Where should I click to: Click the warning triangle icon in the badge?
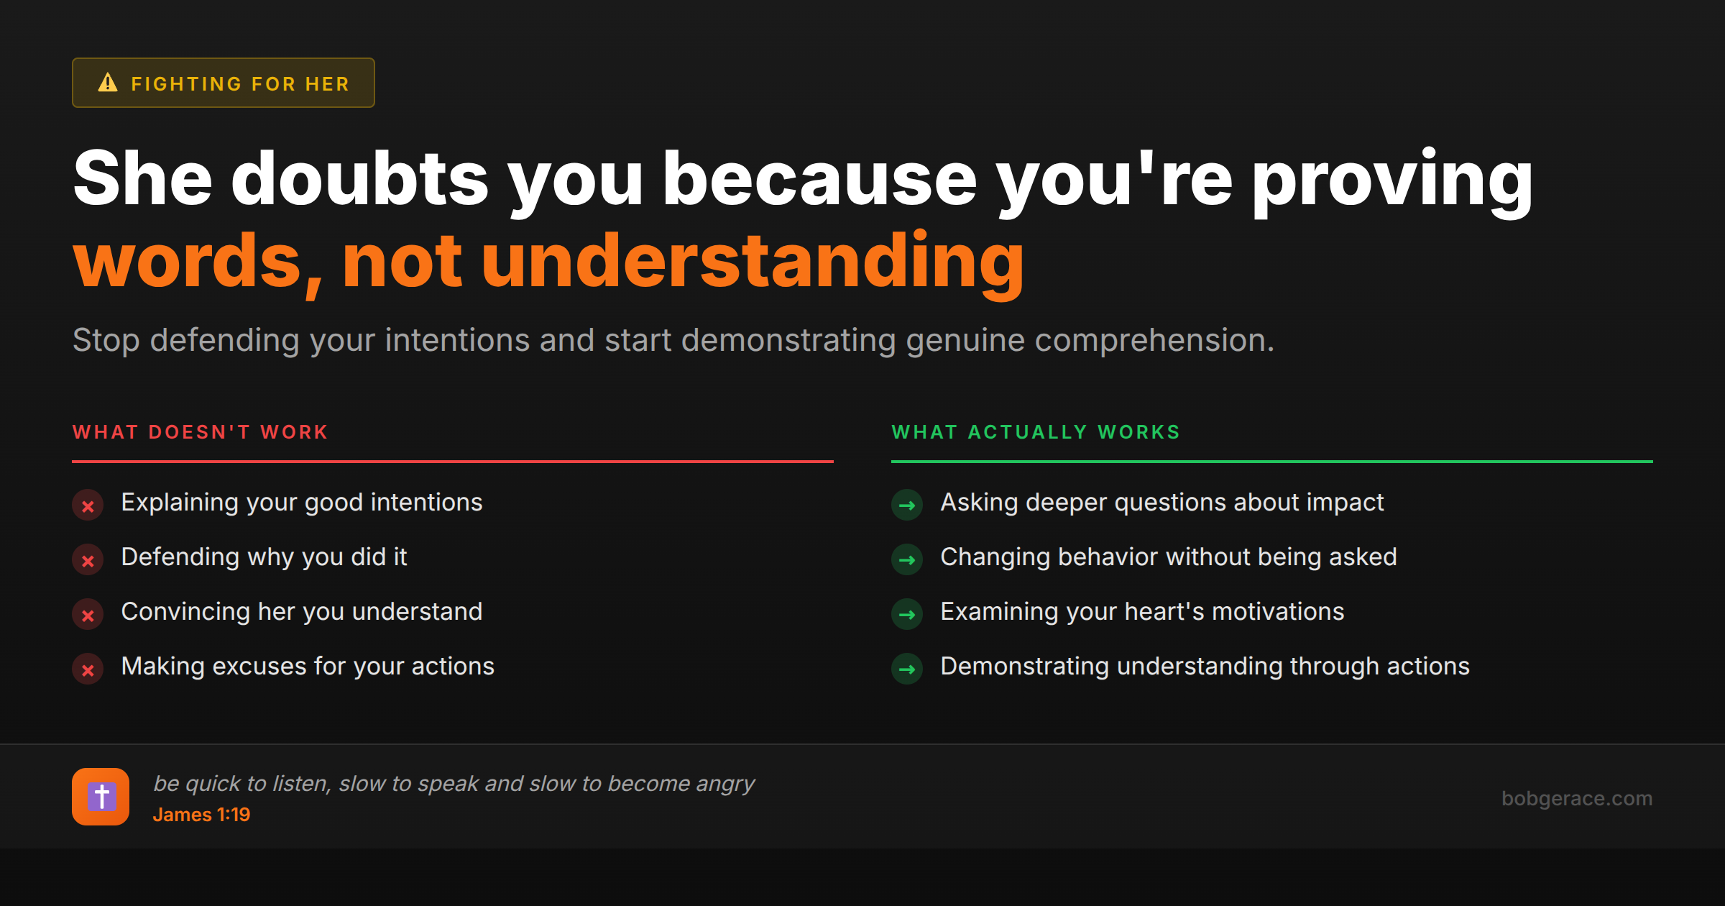point(108,83)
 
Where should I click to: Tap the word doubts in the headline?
point(359,178)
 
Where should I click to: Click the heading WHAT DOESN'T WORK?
point(201,432)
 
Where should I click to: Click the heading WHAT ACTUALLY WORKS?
point(1036,432)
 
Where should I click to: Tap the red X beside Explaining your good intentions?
point(88,505)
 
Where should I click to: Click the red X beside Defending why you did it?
point(88,560)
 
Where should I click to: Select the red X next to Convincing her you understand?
point(88,615)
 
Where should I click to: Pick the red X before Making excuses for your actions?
point(88,669)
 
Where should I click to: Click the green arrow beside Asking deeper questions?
point(907,505)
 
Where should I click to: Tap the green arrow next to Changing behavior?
point(907,560)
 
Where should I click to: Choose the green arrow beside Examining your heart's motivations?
point(907,615)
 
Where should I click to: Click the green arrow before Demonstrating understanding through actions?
point(907,669)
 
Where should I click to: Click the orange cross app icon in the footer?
point(101,797)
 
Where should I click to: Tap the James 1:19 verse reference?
point(201,815)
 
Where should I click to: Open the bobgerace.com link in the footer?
point(1576,798)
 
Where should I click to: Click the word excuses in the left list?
point(259,667)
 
